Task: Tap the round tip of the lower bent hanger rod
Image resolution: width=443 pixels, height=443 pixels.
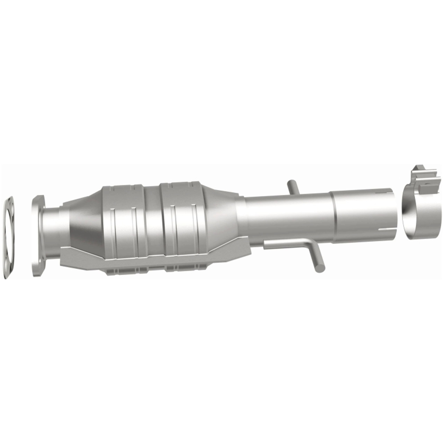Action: click(x=320, y=268)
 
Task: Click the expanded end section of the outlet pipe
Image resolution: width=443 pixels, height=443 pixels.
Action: click(x=363, y=215)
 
